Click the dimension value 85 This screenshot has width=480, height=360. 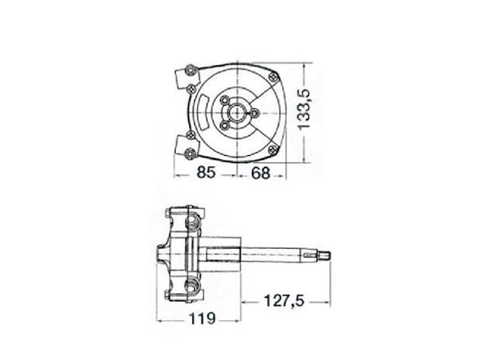206,172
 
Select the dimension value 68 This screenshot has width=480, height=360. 260,172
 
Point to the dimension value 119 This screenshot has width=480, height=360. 201,318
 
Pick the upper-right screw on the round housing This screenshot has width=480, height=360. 271,76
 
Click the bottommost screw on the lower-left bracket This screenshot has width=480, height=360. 188,154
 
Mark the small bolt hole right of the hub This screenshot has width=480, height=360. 254,113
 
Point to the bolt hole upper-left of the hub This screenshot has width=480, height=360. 226,99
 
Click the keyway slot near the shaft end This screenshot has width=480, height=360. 308,257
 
